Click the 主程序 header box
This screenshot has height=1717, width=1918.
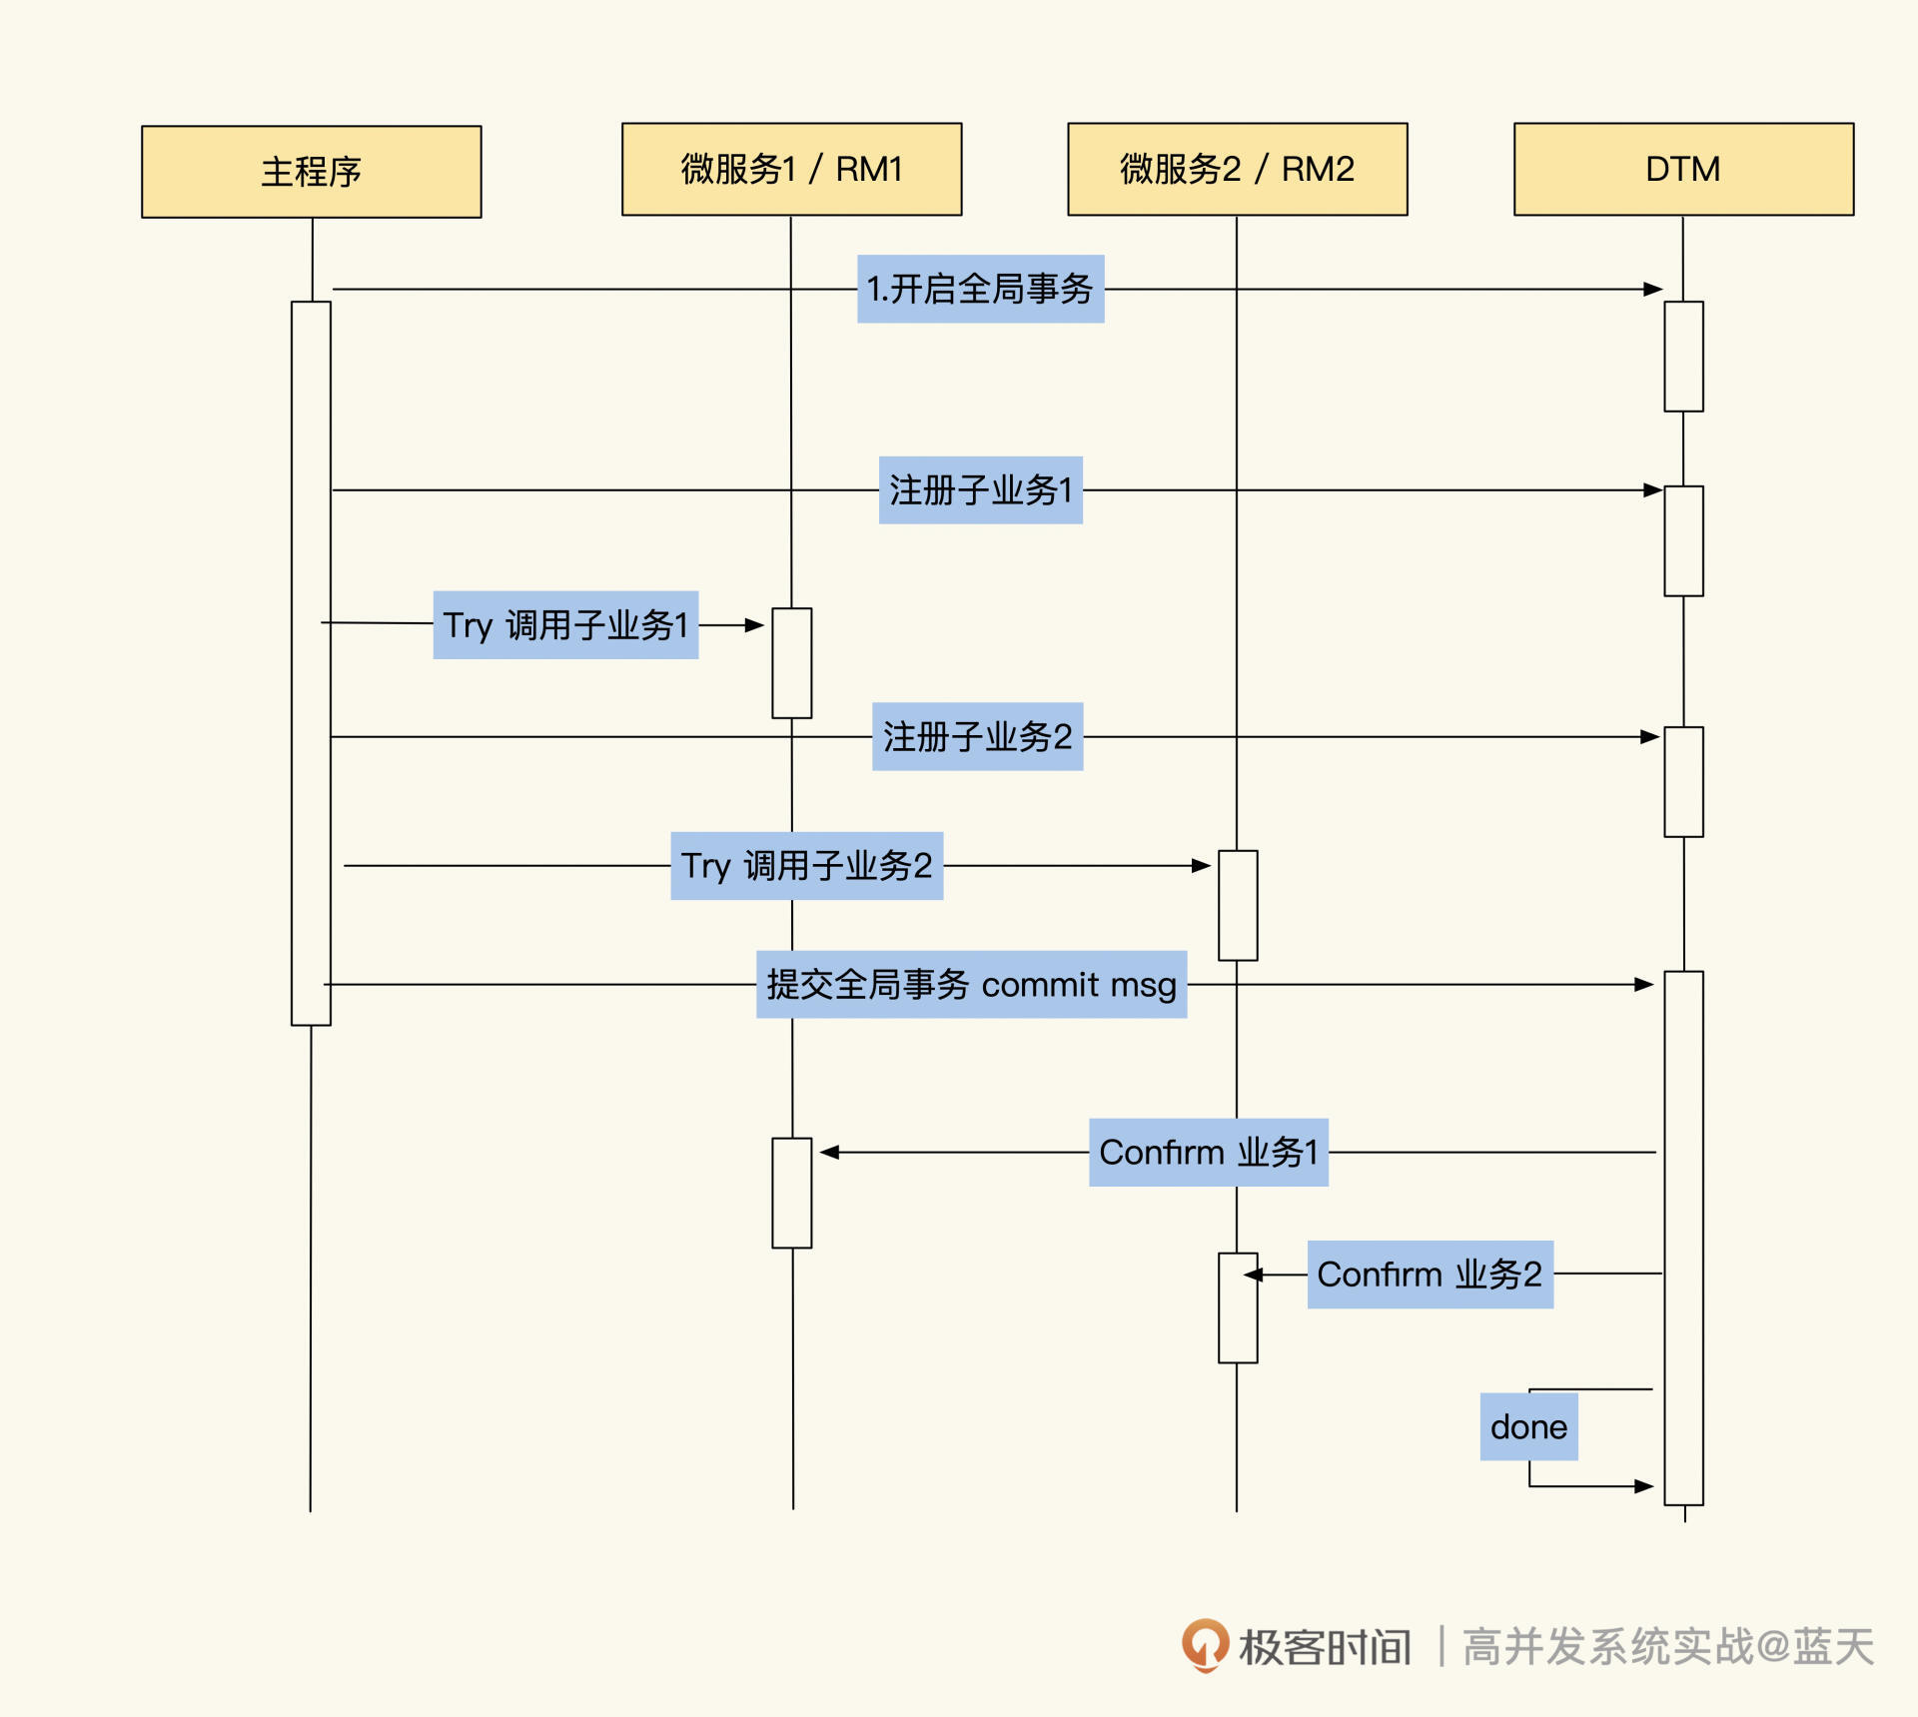coord(311,172)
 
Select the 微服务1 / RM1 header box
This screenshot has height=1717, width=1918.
coord(791,169)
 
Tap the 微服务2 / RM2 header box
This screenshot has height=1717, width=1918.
coord(1237,169)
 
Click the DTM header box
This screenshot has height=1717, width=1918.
coord(1683,169)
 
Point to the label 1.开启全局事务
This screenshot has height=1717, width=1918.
coord(980,289)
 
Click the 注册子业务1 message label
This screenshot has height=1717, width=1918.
coord(980,490)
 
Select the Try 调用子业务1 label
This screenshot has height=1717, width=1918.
coord(565,625)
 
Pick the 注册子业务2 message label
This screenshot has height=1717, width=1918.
coord(977,737)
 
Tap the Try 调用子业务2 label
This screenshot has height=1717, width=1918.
coord(806,866)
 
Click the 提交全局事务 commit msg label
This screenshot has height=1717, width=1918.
coord(971,985)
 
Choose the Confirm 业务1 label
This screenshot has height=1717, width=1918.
coord(1208,1153)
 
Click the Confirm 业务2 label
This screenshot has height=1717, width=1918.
coord(1430,1275)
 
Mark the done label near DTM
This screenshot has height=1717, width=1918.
coord(1528,1427)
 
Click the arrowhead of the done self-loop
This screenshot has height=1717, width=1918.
coord(1644,1486)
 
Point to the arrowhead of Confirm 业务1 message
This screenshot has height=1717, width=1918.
coord(829,1153)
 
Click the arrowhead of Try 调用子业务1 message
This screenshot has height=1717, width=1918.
coord(755,625)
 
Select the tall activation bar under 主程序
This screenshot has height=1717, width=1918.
coord(311,663)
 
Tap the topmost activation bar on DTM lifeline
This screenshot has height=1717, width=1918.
coord(1683,357)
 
